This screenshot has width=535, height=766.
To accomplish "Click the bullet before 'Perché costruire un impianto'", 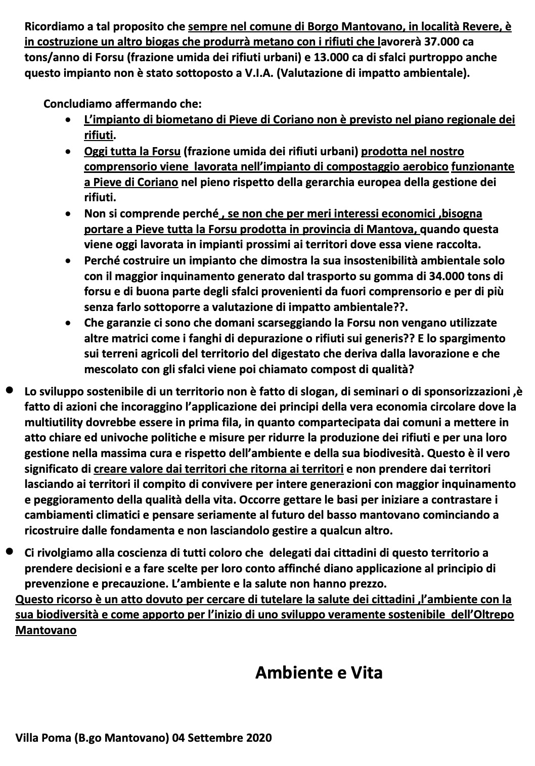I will pyautogui.click(x=69, y=261).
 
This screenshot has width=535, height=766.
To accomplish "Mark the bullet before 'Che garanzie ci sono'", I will pyautogui.click(x=69, y=323).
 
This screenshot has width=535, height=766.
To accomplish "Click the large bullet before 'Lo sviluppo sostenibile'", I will pyautogui.click(x=9, y=391).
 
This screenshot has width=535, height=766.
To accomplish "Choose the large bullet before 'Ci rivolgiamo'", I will pyautogui.click(x=9, y=552).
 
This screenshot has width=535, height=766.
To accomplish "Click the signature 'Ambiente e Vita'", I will pyautogui.click(x=319, y=672).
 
